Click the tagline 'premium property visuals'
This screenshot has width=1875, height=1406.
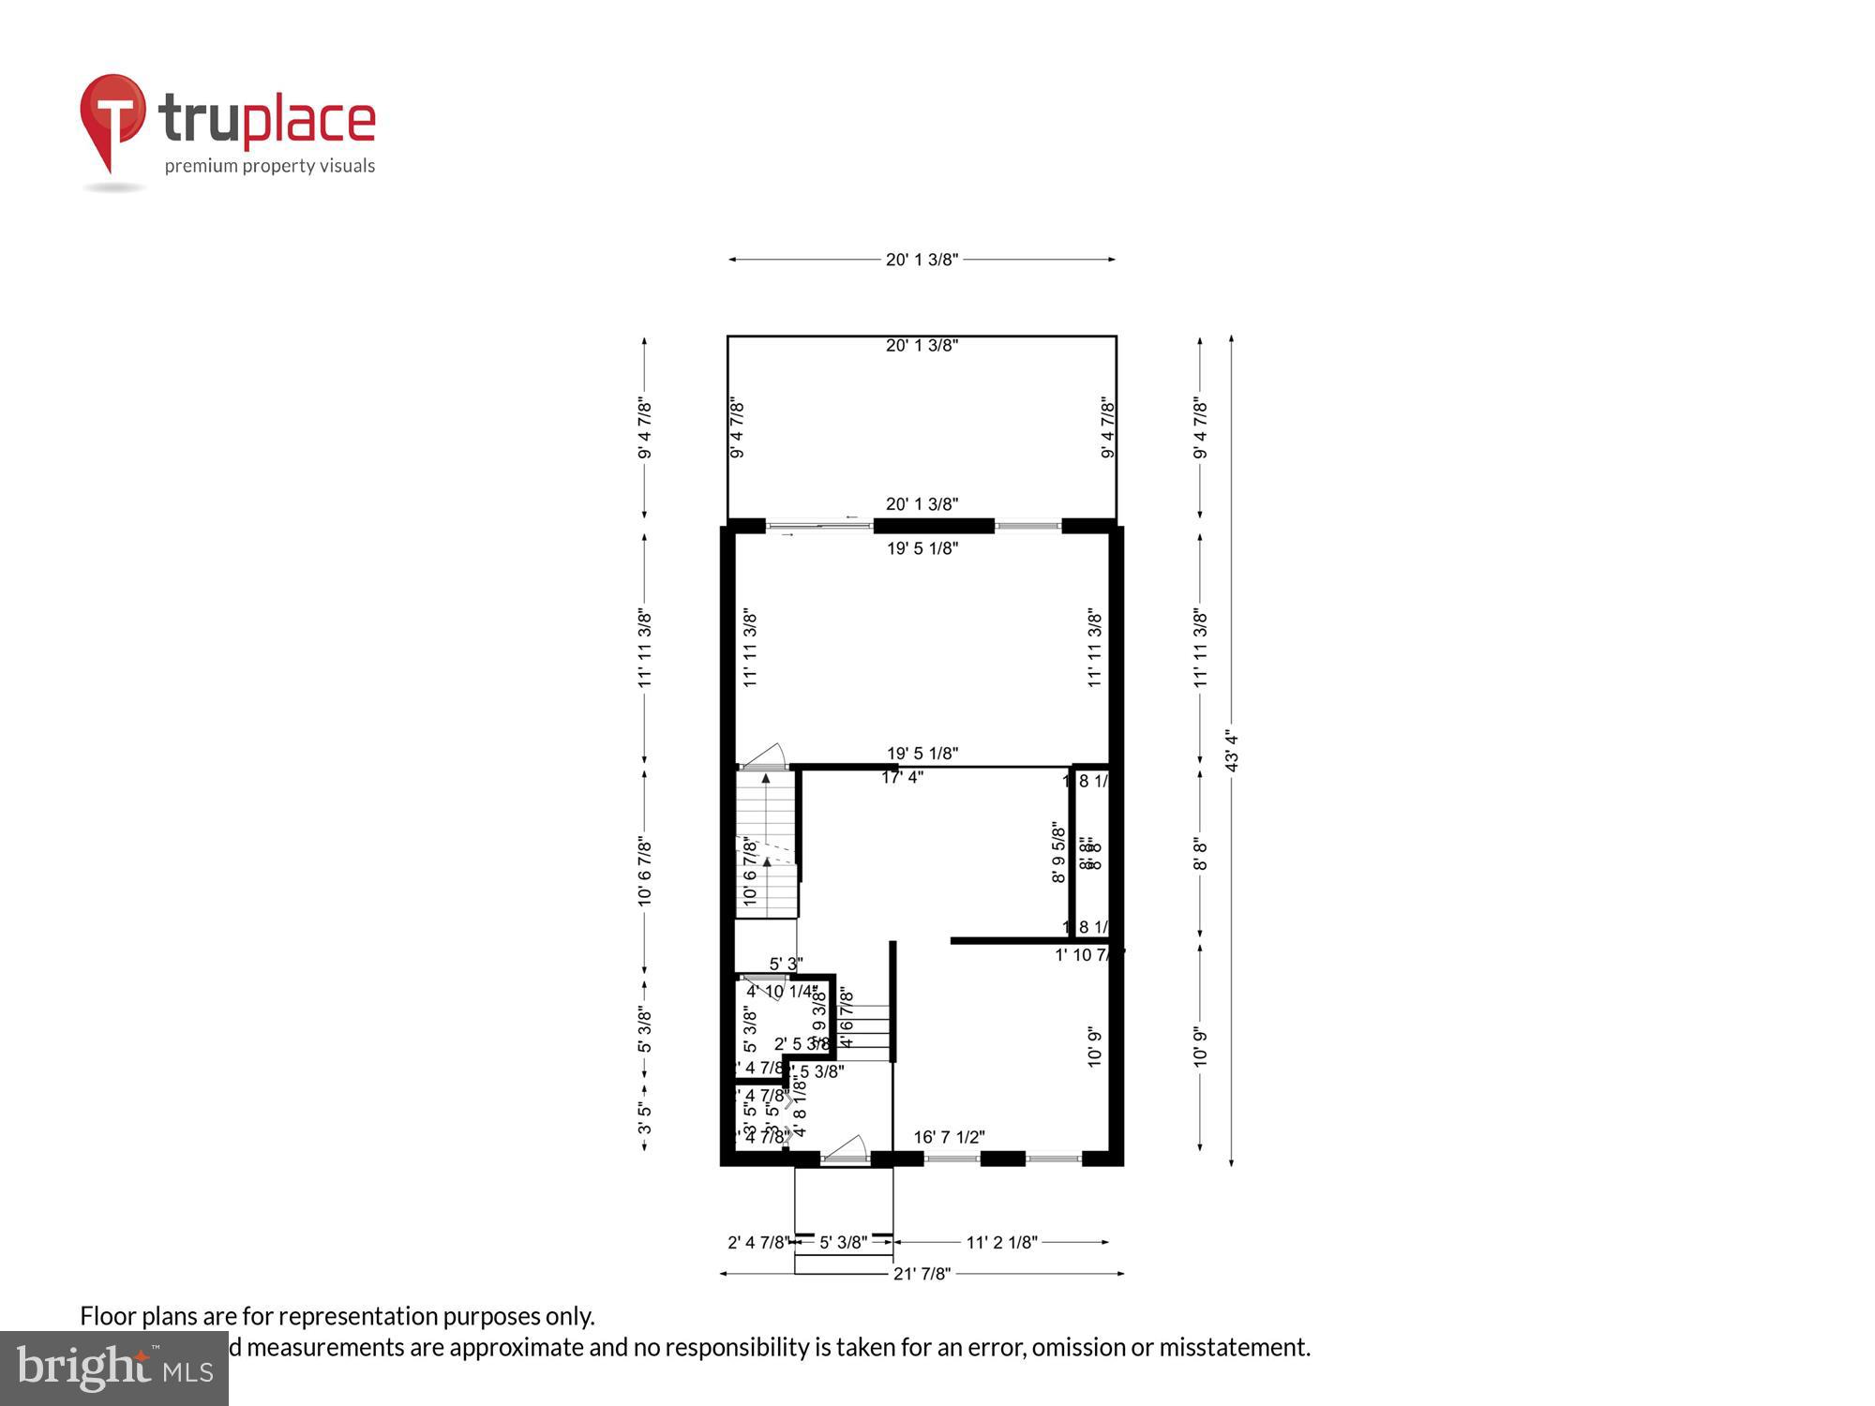pos(270,166)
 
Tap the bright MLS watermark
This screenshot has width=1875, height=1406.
pos(114,1369)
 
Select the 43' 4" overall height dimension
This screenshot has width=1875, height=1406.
pos(1232,751)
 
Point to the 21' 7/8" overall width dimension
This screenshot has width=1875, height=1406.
pos(922,1273)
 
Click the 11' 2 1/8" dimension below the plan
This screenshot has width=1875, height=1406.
pos(1001,1242)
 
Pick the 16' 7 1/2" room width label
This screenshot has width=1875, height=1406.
pos(949,1137)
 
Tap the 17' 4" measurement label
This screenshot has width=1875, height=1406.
pos(902,777)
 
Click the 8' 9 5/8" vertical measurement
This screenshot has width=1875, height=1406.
pos(1058,852)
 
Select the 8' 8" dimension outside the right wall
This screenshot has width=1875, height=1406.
pos(1200,853)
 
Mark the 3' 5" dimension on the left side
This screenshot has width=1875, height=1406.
pos(645,1117)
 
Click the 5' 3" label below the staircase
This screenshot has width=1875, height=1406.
pos(786,964)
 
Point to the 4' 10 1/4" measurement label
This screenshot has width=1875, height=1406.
pos(782,991)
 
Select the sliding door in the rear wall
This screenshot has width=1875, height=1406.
pos(819,526)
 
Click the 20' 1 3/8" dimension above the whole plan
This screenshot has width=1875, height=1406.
pos(922,260)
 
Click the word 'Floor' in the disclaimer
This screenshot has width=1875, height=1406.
pos(109,1316)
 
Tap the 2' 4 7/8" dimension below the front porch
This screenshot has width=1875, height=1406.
pos(758,1242)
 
